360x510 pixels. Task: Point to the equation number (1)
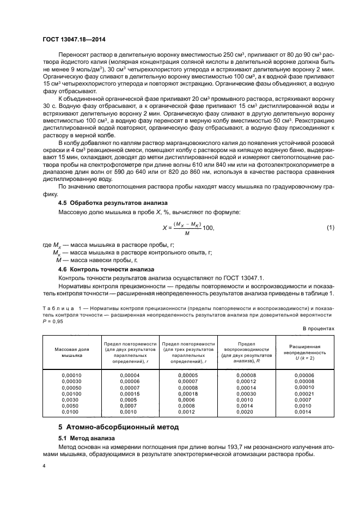click(x=330, y=227)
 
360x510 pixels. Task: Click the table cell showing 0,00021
click(x=304, y=393)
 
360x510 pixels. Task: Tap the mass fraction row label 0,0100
click(x=70, y=412)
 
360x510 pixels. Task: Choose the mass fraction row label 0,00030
click(x=69, y=381)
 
